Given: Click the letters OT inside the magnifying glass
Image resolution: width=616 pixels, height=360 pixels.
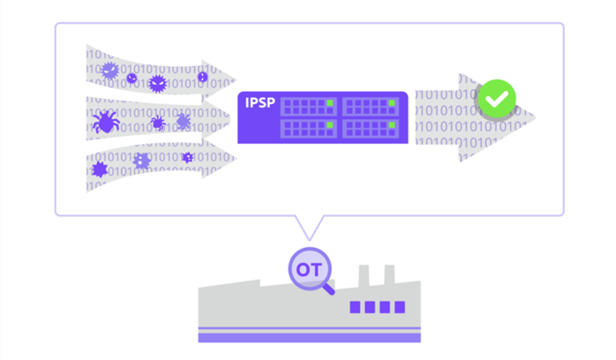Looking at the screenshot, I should click(x=308, y=266).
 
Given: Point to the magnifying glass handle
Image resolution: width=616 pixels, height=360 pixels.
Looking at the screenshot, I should click(x=329, y=286).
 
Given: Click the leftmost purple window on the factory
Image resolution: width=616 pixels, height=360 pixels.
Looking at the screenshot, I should click(x=356, y=308).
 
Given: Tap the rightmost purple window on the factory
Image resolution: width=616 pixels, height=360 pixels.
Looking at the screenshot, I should click(x=400, y=308).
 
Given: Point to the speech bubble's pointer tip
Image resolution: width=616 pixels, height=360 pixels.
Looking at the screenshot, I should click(x=308, y=239).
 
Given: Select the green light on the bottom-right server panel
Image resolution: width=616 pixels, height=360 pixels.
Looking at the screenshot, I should click(x=392, y=127).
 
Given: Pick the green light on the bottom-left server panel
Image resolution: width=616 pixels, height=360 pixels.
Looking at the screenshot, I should click(x=330, y=127).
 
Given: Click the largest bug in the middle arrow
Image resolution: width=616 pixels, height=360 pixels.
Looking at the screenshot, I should click(x=107, y=122).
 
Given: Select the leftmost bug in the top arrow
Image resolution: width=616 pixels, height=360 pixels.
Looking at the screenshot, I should click(x=110, y=69).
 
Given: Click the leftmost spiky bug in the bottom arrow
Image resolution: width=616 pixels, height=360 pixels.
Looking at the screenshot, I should click(x=100, y=168).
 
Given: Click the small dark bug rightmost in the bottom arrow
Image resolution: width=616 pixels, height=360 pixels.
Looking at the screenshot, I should click(x=188, y=157).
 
